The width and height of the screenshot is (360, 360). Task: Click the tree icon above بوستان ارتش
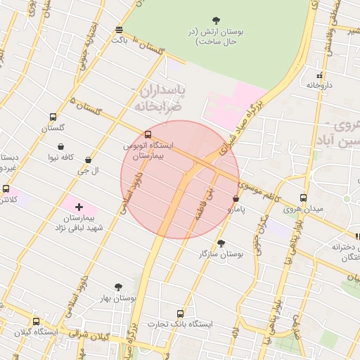coord(216,20)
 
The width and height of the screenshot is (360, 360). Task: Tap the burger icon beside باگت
coord(118,30)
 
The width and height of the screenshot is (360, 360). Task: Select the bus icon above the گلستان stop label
coord(53,117)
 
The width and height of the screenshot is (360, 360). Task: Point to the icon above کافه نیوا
coord(62,146)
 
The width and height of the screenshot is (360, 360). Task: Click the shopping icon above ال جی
coord(87,160)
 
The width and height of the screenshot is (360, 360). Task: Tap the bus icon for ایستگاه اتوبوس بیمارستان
coord(148,134)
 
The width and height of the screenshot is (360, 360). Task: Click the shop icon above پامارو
coord(235,199)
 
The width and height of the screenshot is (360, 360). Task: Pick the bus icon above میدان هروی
coord(303,198)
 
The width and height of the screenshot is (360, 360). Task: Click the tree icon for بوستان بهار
coord(117,287)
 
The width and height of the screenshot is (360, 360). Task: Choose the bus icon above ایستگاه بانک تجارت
coord(181,314)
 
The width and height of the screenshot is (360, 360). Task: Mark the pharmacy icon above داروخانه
coord(319,75)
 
